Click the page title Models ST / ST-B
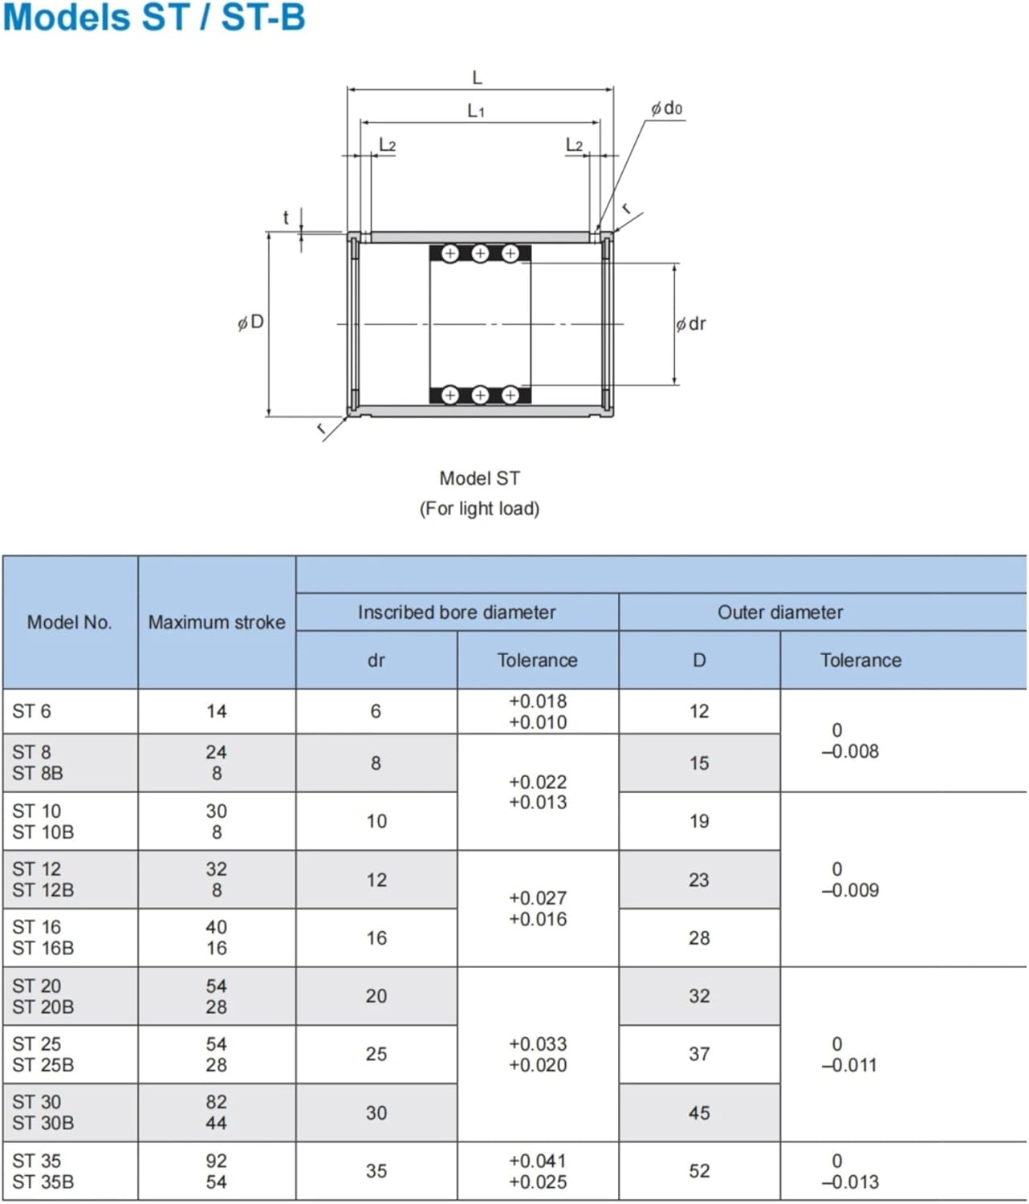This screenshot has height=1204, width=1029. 154,18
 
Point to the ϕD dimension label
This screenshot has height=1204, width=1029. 251,323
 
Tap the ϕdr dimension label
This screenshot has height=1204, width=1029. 691,324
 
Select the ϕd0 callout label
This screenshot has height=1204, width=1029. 667,108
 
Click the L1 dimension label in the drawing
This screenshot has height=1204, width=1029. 477,111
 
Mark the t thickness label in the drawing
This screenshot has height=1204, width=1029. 286,218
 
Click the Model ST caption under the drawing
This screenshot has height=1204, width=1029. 479,478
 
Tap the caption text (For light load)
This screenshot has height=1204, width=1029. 479,509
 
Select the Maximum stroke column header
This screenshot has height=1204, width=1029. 217,622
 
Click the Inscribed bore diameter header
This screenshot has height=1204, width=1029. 457,612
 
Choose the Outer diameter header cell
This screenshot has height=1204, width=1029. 780,612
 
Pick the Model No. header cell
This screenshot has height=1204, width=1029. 70,622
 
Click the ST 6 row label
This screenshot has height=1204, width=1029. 32,711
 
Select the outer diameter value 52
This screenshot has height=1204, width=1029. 699,1171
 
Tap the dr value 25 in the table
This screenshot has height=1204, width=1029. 376,1054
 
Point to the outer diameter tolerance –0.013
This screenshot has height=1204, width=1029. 850,1182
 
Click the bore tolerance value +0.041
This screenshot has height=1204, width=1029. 538,1161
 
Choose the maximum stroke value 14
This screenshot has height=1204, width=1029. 217,711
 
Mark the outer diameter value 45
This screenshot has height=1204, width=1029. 699,1113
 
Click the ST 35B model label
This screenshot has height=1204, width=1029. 43,1182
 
